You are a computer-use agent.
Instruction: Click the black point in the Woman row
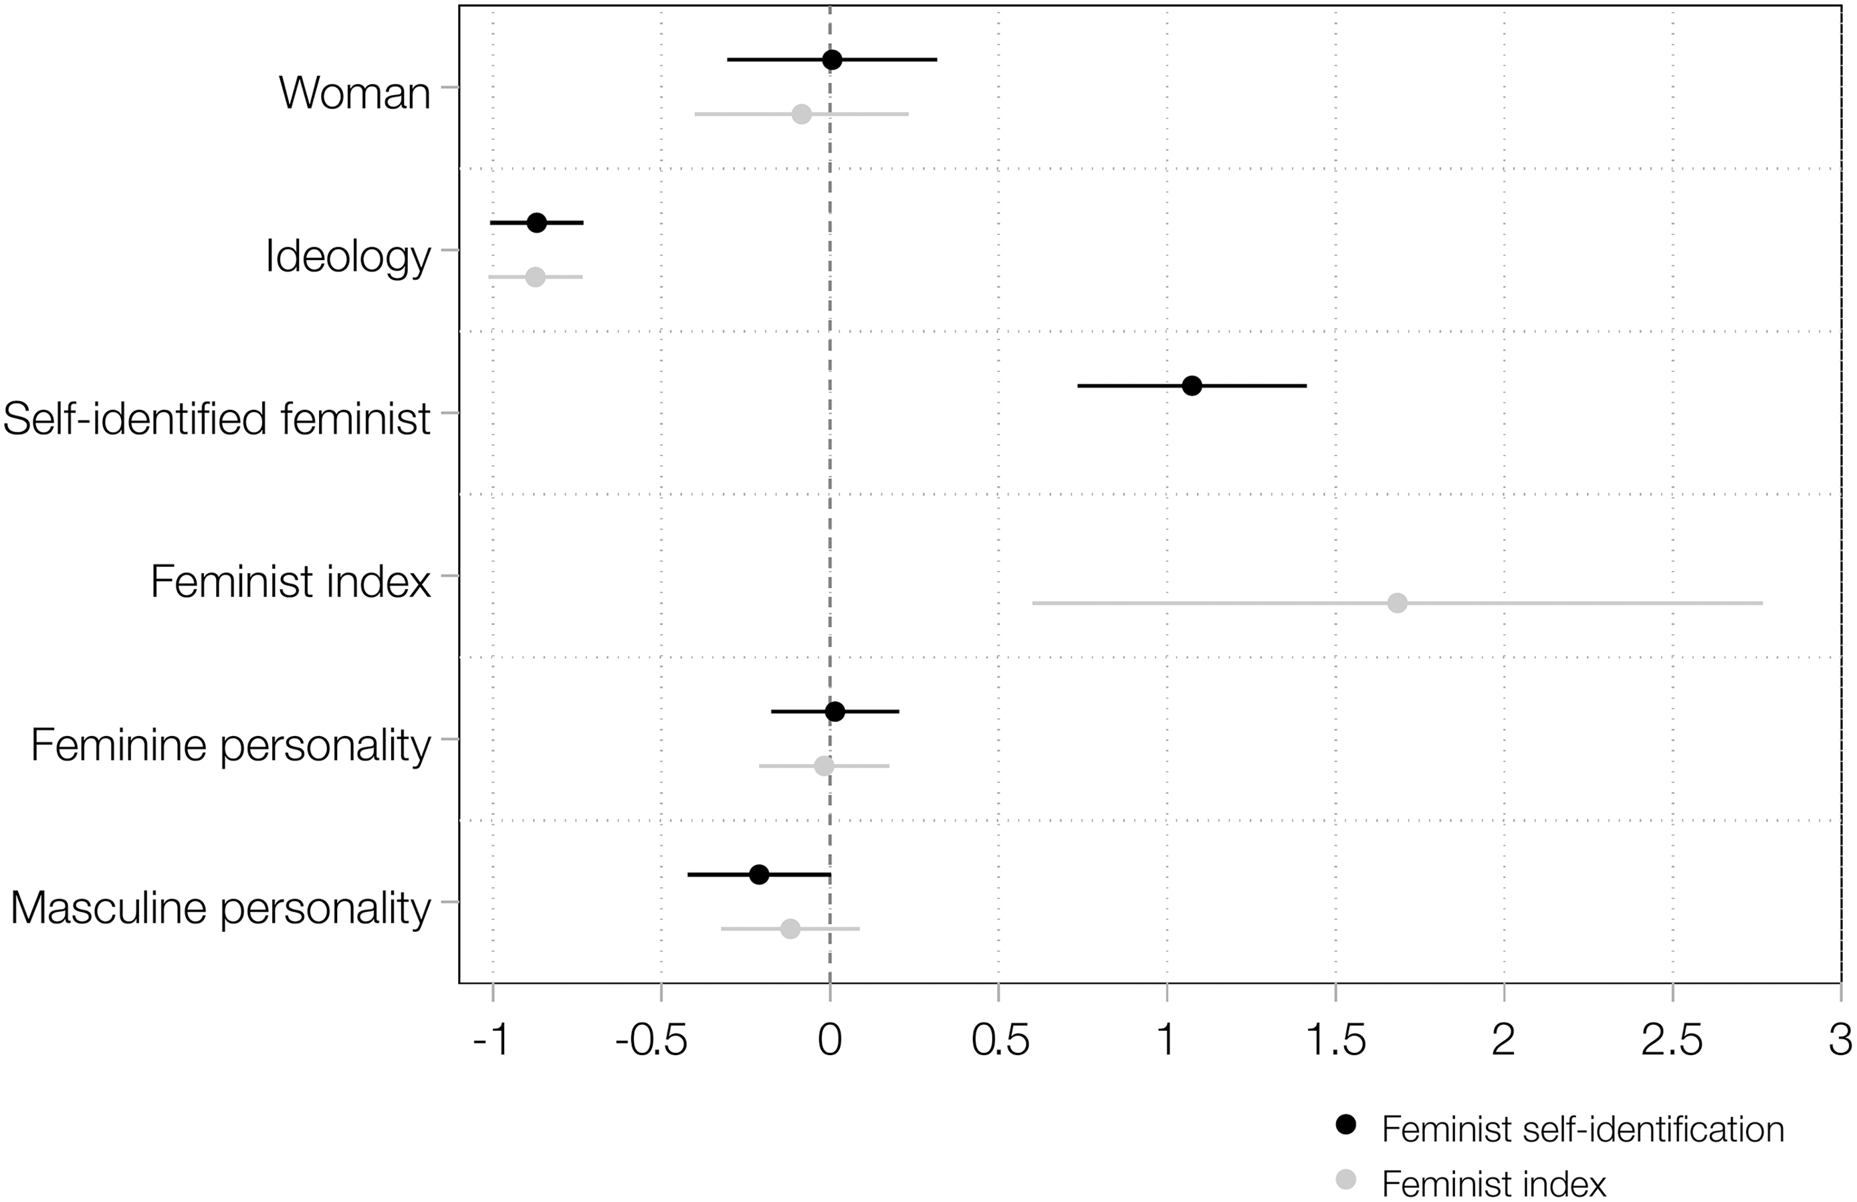832,60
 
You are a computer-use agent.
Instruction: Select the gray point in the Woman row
801,115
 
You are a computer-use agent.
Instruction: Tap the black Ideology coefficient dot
537,223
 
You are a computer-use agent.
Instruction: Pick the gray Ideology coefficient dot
535,277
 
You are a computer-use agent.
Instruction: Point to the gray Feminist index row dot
1398,603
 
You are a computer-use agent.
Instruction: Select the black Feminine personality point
835,711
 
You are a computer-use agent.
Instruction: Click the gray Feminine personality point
824,766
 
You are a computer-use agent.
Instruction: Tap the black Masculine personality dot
758,874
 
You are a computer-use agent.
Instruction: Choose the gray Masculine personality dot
790,929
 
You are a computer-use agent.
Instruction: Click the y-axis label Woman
354,93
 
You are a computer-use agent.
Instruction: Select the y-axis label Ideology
347,256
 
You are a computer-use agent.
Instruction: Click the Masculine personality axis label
220,908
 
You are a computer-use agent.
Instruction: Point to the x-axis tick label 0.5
1000,1040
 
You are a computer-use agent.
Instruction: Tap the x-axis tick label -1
491,1040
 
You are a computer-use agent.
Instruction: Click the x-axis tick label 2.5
1671,1040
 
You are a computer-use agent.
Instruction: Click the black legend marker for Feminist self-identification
1346,1124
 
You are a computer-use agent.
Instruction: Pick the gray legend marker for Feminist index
1346,1179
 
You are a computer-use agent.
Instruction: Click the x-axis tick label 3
1840,1040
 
